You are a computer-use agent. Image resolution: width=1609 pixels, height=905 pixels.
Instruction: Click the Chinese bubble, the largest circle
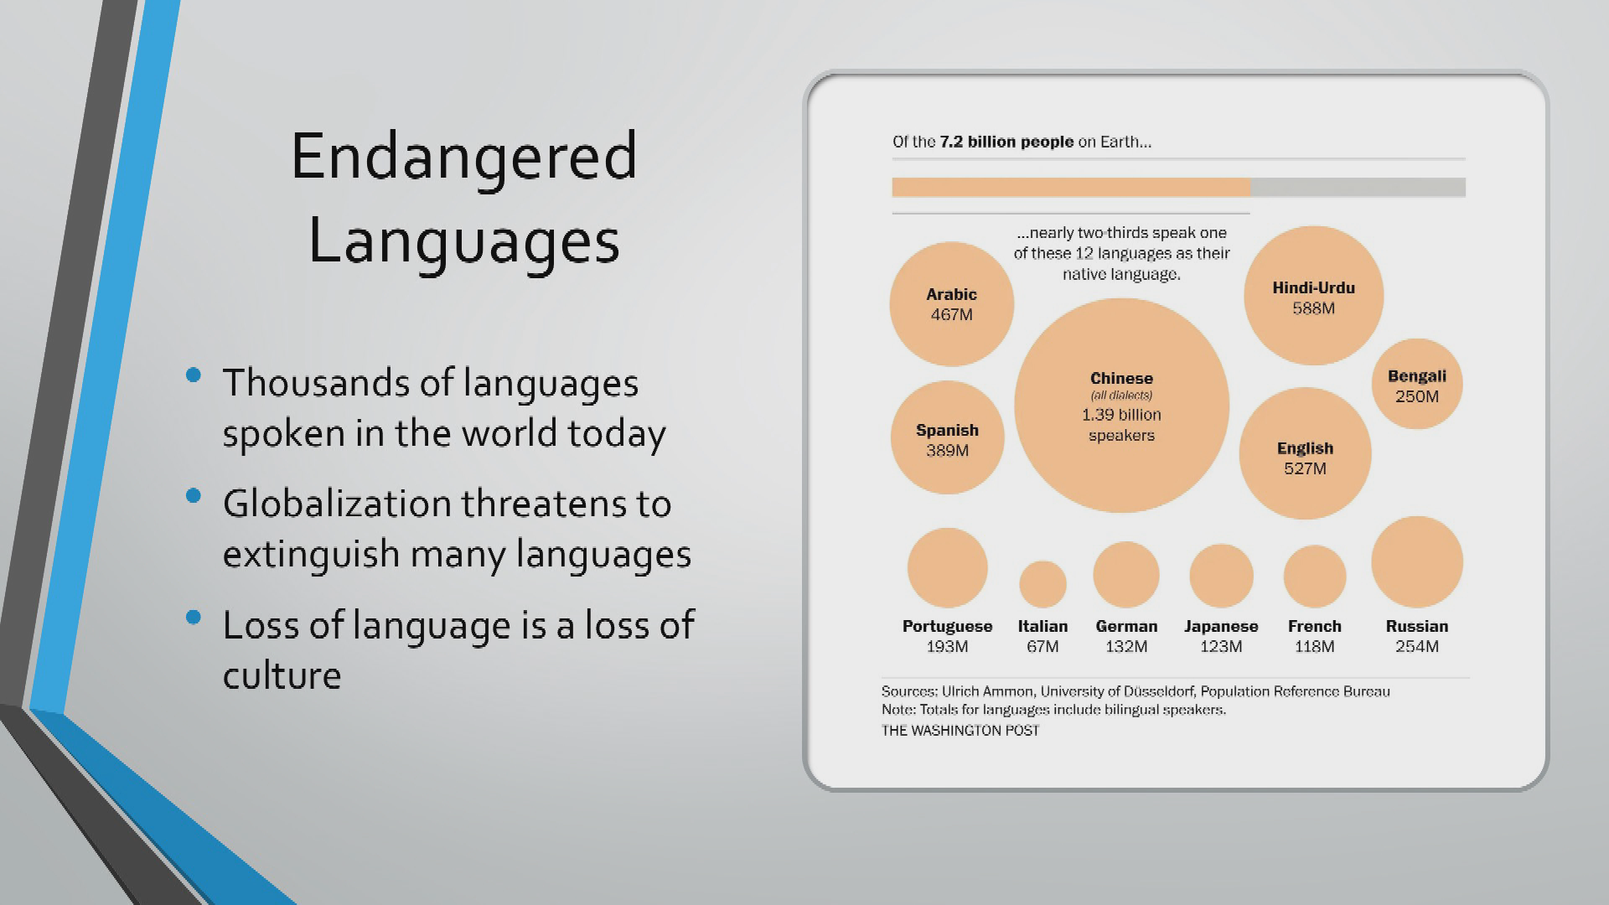coord(1121,406)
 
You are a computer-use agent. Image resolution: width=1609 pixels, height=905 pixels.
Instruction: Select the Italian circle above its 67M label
coord(1042,584)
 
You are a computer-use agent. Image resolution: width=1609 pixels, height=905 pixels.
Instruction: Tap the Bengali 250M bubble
coord(1417,384)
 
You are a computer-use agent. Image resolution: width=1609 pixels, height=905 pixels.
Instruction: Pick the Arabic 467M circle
coord(952,304)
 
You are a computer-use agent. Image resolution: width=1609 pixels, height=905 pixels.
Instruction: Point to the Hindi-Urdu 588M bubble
coord(1313,295)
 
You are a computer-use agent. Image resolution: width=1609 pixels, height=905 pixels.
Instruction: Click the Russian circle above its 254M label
coord(1417,562)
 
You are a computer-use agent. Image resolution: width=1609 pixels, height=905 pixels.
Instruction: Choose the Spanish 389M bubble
coord(947,437)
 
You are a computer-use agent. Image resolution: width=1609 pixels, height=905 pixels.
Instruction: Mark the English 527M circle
coord(1305,453)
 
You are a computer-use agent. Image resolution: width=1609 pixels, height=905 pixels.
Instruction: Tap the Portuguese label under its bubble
coord(947,626)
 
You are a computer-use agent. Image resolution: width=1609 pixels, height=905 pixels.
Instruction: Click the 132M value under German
coord(1126,646)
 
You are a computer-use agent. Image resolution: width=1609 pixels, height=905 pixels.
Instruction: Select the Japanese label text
coord(1221,626)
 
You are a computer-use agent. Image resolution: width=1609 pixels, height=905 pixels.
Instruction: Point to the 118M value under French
coord(1314,646)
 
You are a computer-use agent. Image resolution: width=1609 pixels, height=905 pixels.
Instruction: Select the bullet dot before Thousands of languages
coord(194,375)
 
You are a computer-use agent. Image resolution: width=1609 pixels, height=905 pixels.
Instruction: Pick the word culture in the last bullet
coord(282,675)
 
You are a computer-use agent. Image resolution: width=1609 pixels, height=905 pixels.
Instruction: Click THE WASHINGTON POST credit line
coord(960,731)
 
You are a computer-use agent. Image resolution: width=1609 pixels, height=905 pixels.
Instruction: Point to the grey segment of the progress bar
coord(1358,187)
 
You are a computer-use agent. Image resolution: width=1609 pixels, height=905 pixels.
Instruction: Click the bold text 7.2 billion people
coord(1006,142)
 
